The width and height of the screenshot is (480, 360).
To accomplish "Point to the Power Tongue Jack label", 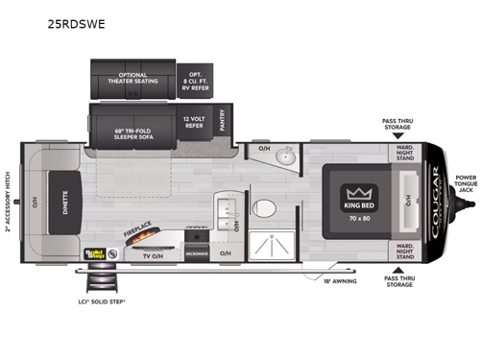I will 466,183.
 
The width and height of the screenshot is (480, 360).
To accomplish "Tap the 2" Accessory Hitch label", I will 8,204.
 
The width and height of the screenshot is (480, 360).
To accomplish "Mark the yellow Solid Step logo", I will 94,254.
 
